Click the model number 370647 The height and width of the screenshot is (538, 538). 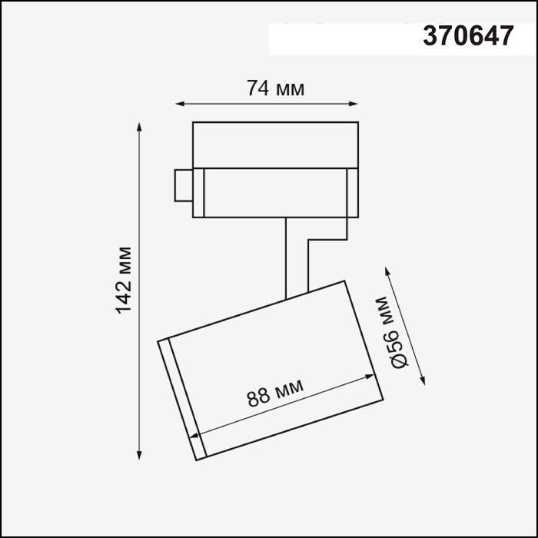pos(467,35)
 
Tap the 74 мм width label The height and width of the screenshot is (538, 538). pos(275,88)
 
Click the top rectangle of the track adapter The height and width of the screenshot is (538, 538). pos(275,143)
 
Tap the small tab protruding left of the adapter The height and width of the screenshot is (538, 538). pos(183,184)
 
